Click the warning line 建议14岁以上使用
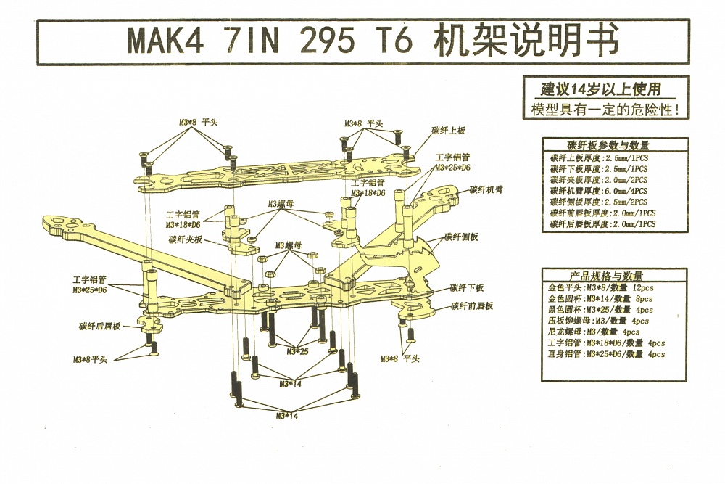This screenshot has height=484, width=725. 601,90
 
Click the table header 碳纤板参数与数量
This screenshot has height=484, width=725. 608,145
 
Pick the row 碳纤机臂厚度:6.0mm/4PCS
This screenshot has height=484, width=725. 599,190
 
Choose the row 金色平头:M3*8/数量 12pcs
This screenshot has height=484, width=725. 601,287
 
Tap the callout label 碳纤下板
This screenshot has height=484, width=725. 467,287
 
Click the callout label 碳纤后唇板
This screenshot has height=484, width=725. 100,327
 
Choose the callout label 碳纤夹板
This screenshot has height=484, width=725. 185,239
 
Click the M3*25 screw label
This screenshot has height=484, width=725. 297,352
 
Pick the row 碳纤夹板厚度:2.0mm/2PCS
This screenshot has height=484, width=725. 599,179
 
